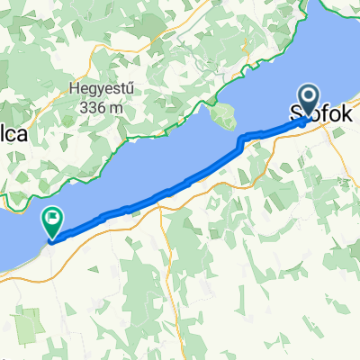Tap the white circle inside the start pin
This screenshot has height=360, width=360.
[x=308, y=95]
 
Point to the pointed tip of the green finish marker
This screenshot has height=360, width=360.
[x=52, y=239]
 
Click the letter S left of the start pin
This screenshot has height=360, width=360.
[x=292, y=115]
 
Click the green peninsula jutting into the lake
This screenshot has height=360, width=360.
[x=219, y=114]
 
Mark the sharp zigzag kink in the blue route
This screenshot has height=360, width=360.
[x=239, y=141]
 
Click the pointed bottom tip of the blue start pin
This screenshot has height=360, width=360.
[x=308, y=117]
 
